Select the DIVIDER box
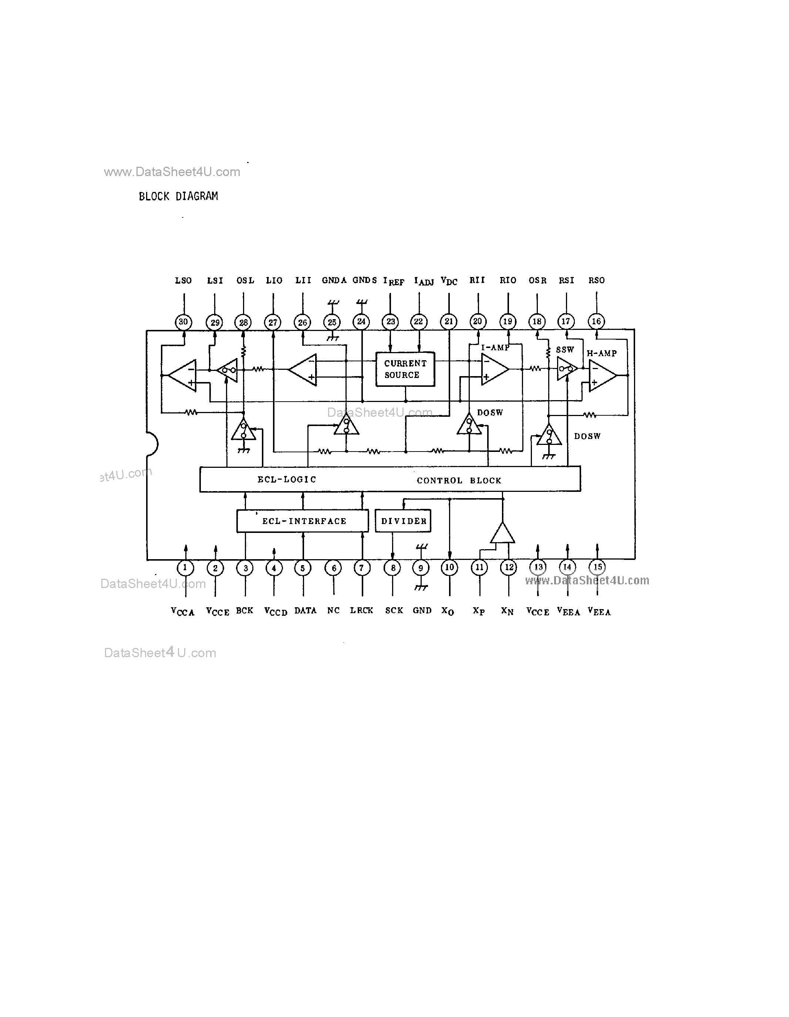(403, 521)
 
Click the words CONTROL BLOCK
(459, 480)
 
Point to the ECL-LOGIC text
(286, 479)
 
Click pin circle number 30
(183, 322)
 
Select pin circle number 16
(596, 321)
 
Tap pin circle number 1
(185, 568)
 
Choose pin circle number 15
(597, 567)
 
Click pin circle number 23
(390, 321)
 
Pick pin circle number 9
(421, 568)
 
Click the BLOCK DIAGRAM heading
(178, 196)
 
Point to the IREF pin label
(393, 281)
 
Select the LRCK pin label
(361, 611)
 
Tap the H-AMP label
(601, 354)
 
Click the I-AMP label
(495, 347)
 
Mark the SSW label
(564, 350)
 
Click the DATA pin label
(305, 611)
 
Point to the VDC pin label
(449, 281)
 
